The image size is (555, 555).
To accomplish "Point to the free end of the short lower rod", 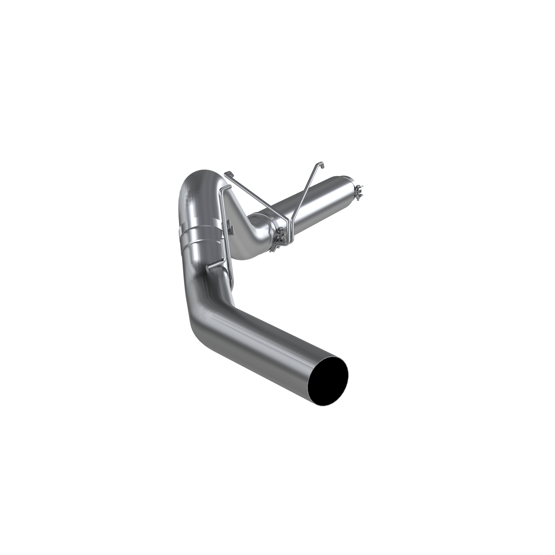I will (207, 268).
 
